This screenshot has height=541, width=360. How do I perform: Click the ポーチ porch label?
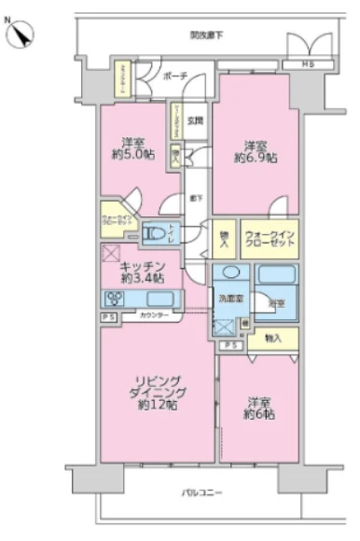tap(174, 76)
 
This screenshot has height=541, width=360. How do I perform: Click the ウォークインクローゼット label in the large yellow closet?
tap(269, 239)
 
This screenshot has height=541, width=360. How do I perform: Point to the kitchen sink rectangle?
tap(160, 299)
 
